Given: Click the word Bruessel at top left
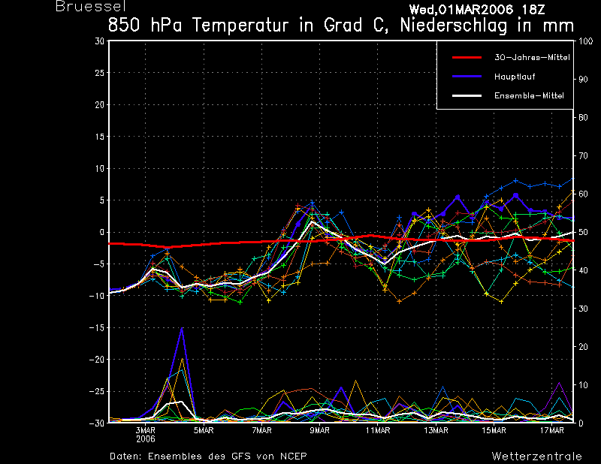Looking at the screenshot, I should coord(86,7).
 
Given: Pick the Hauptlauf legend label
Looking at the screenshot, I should coord(514,77).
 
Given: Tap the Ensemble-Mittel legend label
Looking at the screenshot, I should coord(529,95).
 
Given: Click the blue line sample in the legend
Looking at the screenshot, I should coord(468,77).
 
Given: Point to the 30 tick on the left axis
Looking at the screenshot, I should coord(99,41).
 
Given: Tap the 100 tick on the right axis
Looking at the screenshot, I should coord(584,41).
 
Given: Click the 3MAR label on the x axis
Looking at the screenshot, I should coord(145,431).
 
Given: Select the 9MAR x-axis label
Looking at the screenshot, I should coord(320,431).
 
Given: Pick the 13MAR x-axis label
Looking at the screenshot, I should coord(436,431).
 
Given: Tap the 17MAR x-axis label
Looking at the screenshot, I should coord(552,431).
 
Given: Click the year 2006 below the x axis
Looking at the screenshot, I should coord(145,439).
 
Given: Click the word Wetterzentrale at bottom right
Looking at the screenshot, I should coord(536,456).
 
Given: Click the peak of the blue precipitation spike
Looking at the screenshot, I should coord(182,328).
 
